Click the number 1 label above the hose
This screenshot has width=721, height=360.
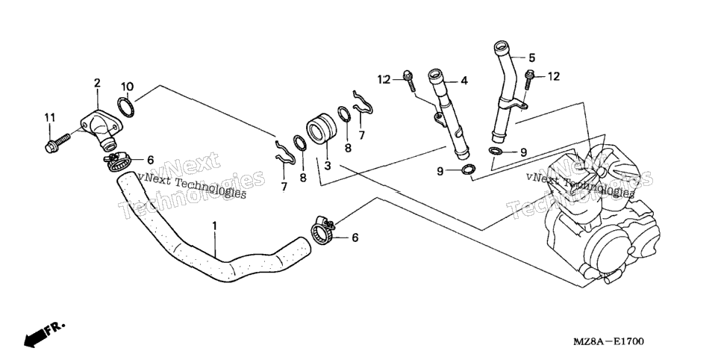click(213, 226)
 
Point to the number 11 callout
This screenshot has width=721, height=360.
click(50, 117)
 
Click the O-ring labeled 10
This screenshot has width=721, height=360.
click(125, 108)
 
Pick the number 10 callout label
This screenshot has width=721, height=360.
click(128, 86)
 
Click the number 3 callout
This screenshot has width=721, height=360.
click(328, 165)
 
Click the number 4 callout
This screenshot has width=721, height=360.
click(464, 81)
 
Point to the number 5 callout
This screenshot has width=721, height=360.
click(531, 58)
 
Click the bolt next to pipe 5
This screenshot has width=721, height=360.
click(529, 79)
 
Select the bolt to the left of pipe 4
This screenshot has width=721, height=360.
click(409, 81)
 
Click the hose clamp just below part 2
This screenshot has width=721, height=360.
click(119, 161)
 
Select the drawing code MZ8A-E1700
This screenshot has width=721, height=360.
click(608, 341)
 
